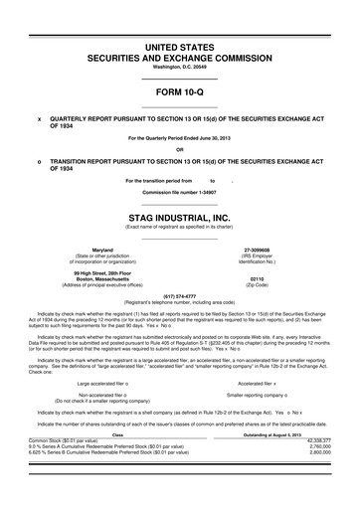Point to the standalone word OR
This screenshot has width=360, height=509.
click(x=179, y=150)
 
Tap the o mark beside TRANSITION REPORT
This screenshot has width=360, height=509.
click(x=39, y=160)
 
